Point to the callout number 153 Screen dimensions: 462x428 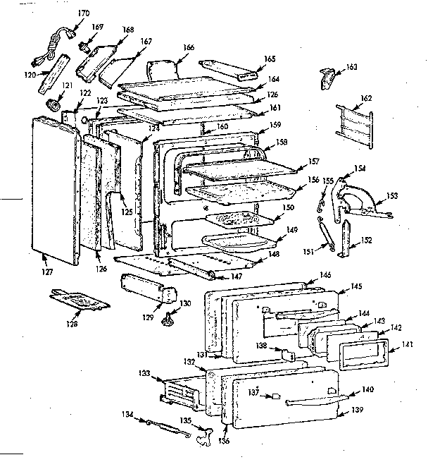(x=393, y=195)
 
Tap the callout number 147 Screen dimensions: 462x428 (x=237, y=277)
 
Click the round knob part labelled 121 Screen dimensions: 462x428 (x=53, y=105)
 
